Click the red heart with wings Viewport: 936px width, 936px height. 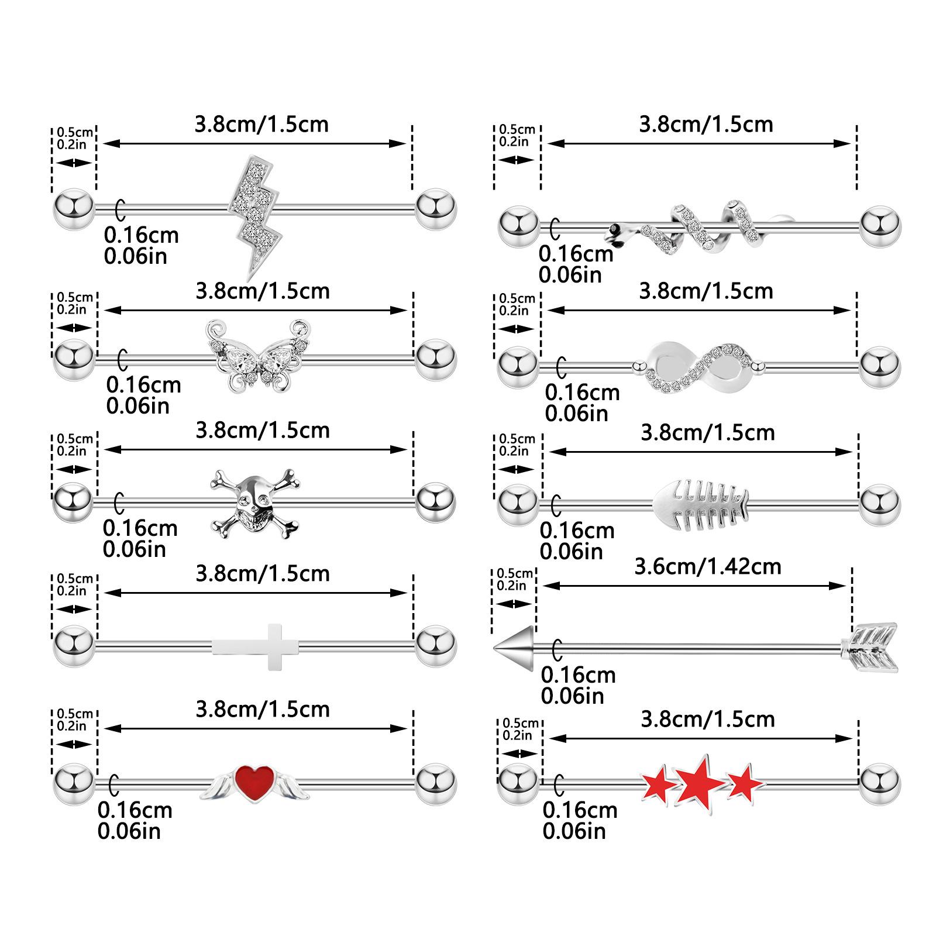tap(254, 783)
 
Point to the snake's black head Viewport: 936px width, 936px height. tap(614, 229)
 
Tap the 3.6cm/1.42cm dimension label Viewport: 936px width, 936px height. tap(708, 566)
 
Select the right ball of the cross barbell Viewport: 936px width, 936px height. tap(436, 646)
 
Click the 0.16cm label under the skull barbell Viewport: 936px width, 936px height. tap(140, 528)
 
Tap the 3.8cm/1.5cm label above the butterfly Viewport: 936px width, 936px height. tap(263, 291)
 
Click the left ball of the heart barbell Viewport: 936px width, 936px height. tap(74, 783)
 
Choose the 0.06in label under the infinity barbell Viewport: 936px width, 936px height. tap(576, 414)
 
